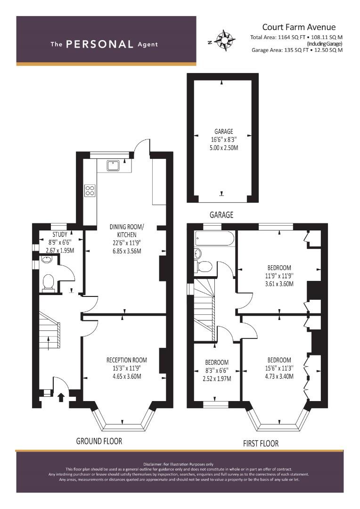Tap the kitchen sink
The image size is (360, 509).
(113, 165)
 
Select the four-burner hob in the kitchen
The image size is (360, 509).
(90, 190)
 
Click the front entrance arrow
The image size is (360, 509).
(60, 397)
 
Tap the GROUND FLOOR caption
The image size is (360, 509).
(99, 441)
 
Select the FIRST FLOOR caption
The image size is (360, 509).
(261, 443)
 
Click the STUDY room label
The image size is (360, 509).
(60, 234)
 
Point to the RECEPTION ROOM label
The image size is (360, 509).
(127, 360)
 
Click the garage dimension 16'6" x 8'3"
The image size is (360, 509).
(224, 140)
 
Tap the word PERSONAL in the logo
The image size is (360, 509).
(99, 44)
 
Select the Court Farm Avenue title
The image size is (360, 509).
(299, 27)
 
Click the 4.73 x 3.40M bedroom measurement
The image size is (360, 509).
(279, 376)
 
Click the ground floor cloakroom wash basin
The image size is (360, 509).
(47, 259)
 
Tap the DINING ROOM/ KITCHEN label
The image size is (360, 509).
(127, 230)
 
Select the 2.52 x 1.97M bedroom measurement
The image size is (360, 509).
(217, 378)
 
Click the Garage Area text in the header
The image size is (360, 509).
(297, 50)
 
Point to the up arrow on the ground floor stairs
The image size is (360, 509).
(49, 343)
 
